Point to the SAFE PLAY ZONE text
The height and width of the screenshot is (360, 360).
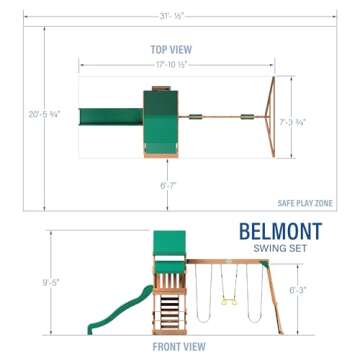(x=305, y=203)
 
